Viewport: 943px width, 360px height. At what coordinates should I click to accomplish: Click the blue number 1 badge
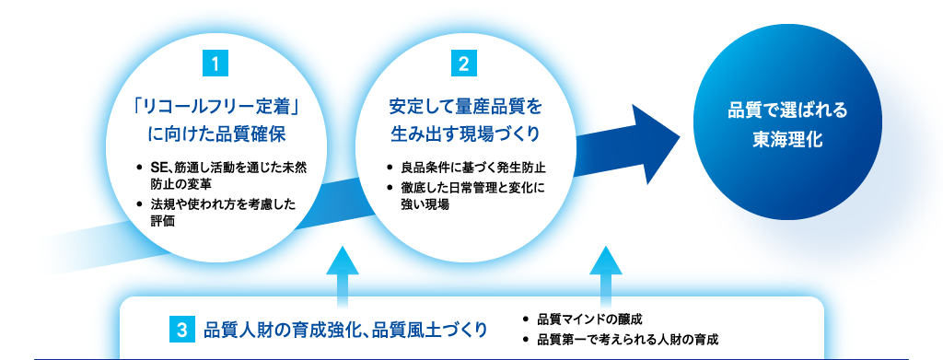(x=214, y=64)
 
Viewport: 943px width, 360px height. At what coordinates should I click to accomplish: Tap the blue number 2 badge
(x=463, y=64)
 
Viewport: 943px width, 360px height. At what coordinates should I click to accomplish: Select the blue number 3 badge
(x=182, y=328)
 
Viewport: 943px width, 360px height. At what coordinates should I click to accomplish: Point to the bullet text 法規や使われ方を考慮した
(x=222, y=204)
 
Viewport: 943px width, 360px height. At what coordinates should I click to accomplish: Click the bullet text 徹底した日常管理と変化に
(x=474, y=188)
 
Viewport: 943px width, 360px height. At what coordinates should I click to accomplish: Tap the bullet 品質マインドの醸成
(x=589, y=319)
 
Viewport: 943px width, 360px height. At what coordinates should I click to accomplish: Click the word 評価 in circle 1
(x=163, y=221)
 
